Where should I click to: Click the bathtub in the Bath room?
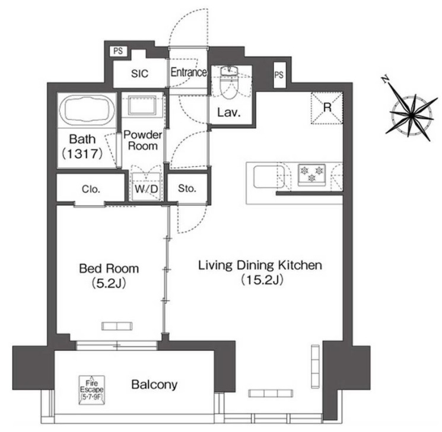[87, 110]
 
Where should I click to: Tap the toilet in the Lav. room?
[230, 84]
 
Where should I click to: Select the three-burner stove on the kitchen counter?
[311, 174]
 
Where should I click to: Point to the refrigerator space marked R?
[327, 108]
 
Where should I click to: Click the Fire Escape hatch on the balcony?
[91, 390]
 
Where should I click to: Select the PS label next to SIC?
[118, 51]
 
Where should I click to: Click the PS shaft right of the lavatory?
[279, 75]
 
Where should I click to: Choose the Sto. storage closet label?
[187, 188]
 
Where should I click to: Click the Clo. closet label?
[91, 189]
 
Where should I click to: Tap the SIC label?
[139, 74]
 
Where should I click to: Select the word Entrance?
[188, 72]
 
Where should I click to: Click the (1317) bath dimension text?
[82, 154]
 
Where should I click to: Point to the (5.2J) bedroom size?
[109, 283]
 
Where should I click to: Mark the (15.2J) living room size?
[262, 279]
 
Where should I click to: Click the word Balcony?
[154, 385]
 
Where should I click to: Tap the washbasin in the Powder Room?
[142, 105]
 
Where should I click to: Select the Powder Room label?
[142, 140]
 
